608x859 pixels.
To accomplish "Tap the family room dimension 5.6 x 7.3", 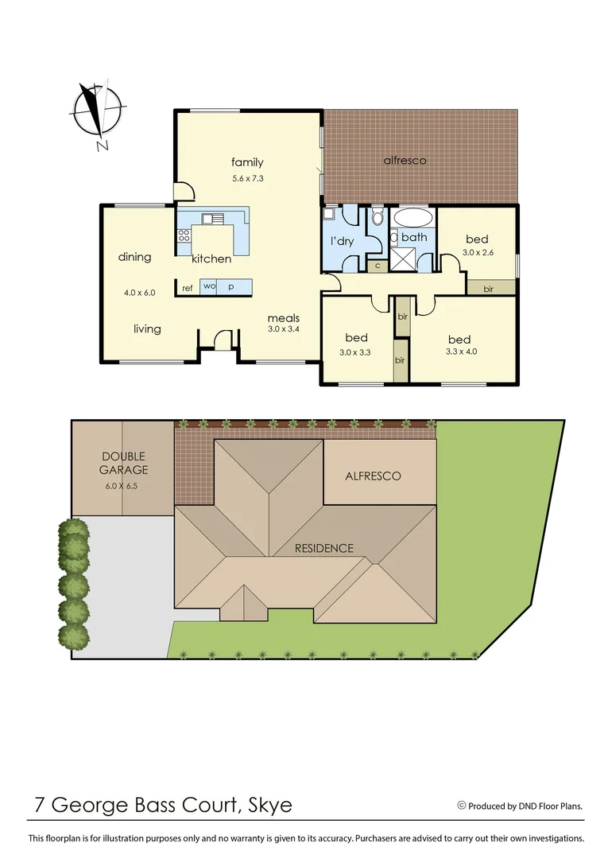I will pos(247,179).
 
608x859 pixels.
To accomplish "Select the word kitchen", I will pos(211,258).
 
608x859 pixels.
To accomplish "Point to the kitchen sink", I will pos(213,219).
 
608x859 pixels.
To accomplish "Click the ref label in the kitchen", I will pos(188,288).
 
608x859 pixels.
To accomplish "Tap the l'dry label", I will pos(342,242).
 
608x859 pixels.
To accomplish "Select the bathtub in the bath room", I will pos(413,219).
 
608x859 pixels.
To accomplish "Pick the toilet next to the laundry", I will pos(378,217).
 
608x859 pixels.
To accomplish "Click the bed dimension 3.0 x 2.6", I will pos(477,253).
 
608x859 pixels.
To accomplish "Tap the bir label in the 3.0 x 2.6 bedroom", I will pos(488,289).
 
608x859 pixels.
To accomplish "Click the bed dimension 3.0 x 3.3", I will pos(356,352).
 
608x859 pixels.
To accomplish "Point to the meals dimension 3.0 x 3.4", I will pos(283,328).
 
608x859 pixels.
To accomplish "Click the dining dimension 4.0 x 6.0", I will pos(139,293).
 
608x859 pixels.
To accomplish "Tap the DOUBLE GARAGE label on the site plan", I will pos(123,463).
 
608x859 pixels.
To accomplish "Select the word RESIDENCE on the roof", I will pos(323,548).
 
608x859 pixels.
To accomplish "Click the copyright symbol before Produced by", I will pos(461,806).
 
